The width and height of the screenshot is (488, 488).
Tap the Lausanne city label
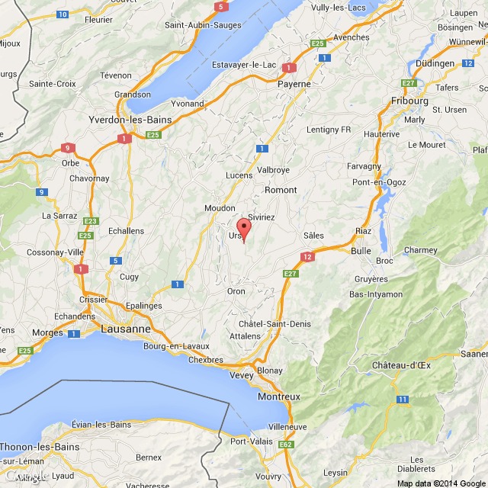pyautogui.click(x=126, y=329)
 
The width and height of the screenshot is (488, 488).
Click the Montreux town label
pyautogui.click(x=279, y=397)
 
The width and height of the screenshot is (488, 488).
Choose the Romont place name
pyautogui.click(x=280, y=189)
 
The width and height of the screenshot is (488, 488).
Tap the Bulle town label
pyautogui.click(x=361, y=249)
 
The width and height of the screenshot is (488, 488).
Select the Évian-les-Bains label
pyautogui.click(x=101, y=424)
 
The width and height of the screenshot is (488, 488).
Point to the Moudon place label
pyautogui.click(x=220, y=207)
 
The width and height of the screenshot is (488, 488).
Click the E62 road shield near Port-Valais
pyautogui.click(x=286, y=444)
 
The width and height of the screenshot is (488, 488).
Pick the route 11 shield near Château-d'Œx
pyautogui.click(x=403, y=399)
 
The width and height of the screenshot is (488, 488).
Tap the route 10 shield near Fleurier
pyautogui.click(x=63, y=14)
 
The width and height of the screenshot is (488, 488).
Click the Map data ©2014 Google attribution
pyautogui.click(x=441, y=483)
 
